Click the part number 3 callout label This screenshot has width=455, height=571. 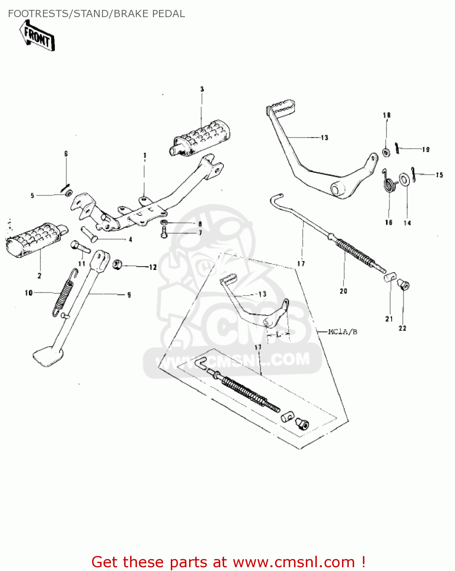202,89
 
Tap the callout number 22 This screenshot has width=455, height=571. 402,329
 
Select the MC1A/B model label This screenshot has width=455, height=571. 342,332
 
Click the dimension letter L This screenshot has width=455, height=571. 278,335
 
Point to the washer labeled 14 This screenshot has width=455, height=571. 404,179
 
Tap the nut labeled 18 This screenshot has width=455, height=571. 385,153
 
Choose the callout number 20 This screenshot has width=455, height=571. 344,291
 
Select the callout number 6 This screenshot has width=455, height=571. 66,154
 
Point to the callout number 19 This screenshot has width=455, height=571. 426,150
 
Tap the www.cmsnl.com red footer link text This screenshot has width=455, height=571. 294,562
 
